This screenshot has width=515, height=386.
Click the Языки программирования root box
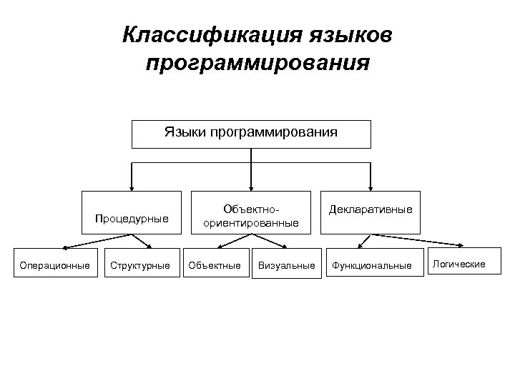pyautogui.click(x=251, y=134)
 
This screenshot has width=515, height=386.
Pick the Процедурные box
pyautogui.click(x=132, y=214)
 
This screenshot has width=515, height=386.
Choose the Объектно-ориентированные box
pyautogui.click(x=250, y=214)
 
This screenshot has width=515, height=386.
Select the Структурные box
pyautogui.click(x=140, y=265)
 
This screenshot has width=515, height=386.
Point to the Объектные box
pyautogui.click(x=215, y=265)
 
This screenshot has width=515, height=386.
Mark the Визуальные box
pyautogui.click(x=286, y=265)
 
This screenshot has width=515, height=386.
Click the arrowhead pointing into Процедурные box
pyautogui.click(x=132, y=187)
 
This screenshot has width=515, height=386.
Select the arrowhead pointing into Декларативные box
pyautogui.click(x=371, y=187)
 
